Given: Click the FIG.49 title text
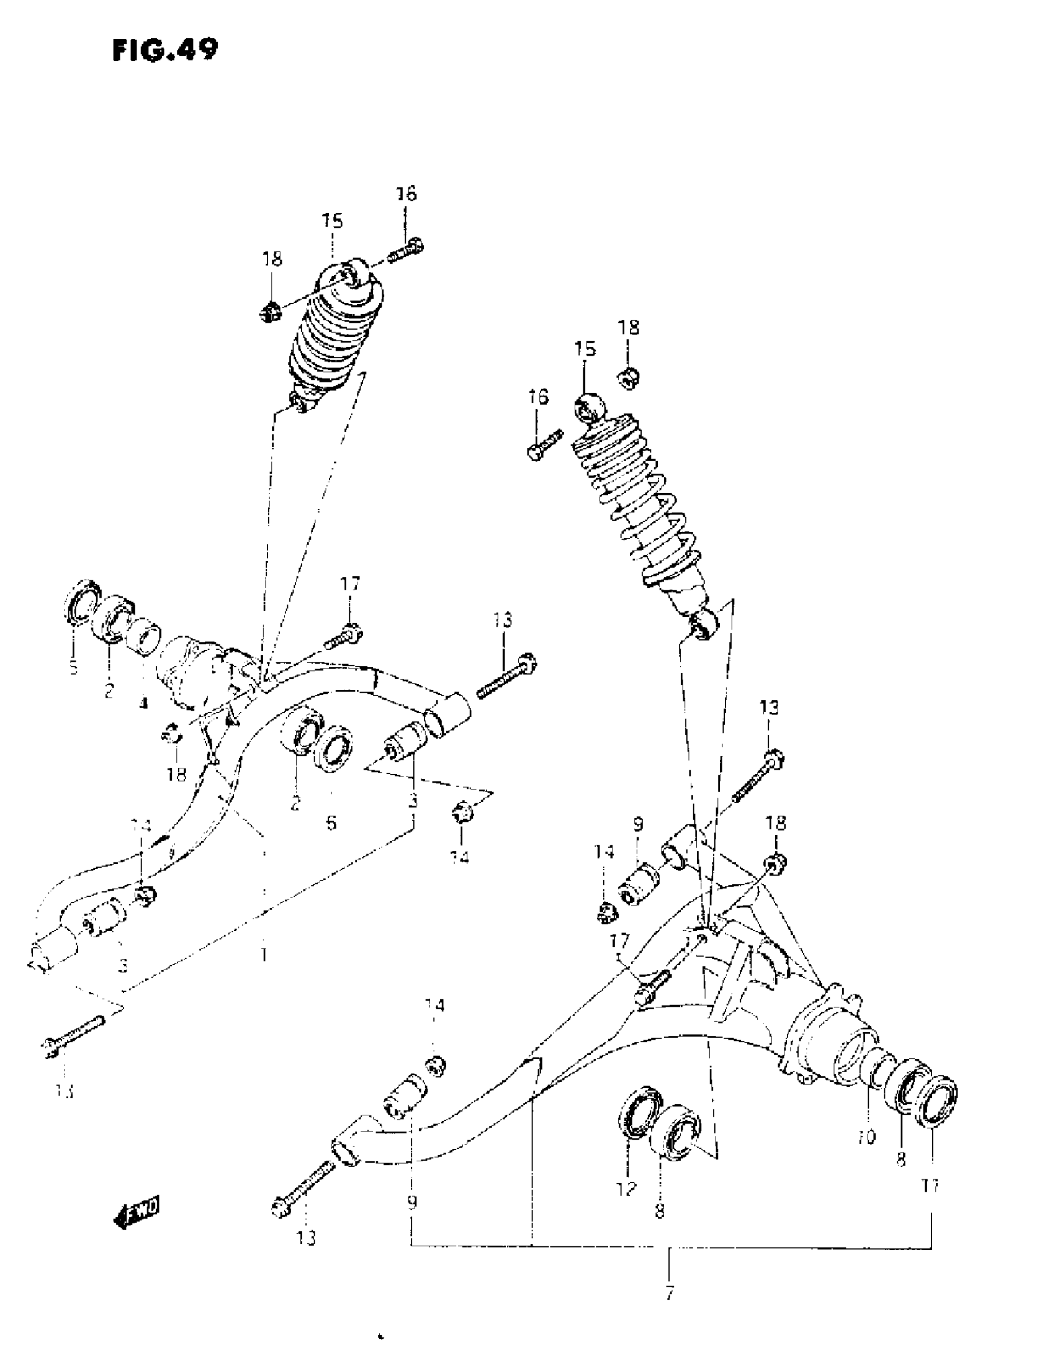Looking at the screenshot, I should (x=165, y=50).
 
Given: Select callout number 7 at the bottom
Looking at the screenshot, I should (x=670, y=1292).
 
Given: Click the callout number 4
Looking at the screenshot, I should (x=144, y=703).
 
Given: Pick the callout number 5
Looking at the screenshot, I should (x=73, y=668).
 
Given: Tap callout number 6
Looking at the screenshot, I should (x=331, y=822).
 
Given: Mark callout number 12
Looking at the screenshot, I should (x=626, y=1187).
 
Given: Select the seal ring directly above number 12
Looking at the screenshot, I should (x=640, y=1111).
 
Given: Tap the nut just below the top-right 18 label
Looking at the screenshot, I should (x=629, y=378).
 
